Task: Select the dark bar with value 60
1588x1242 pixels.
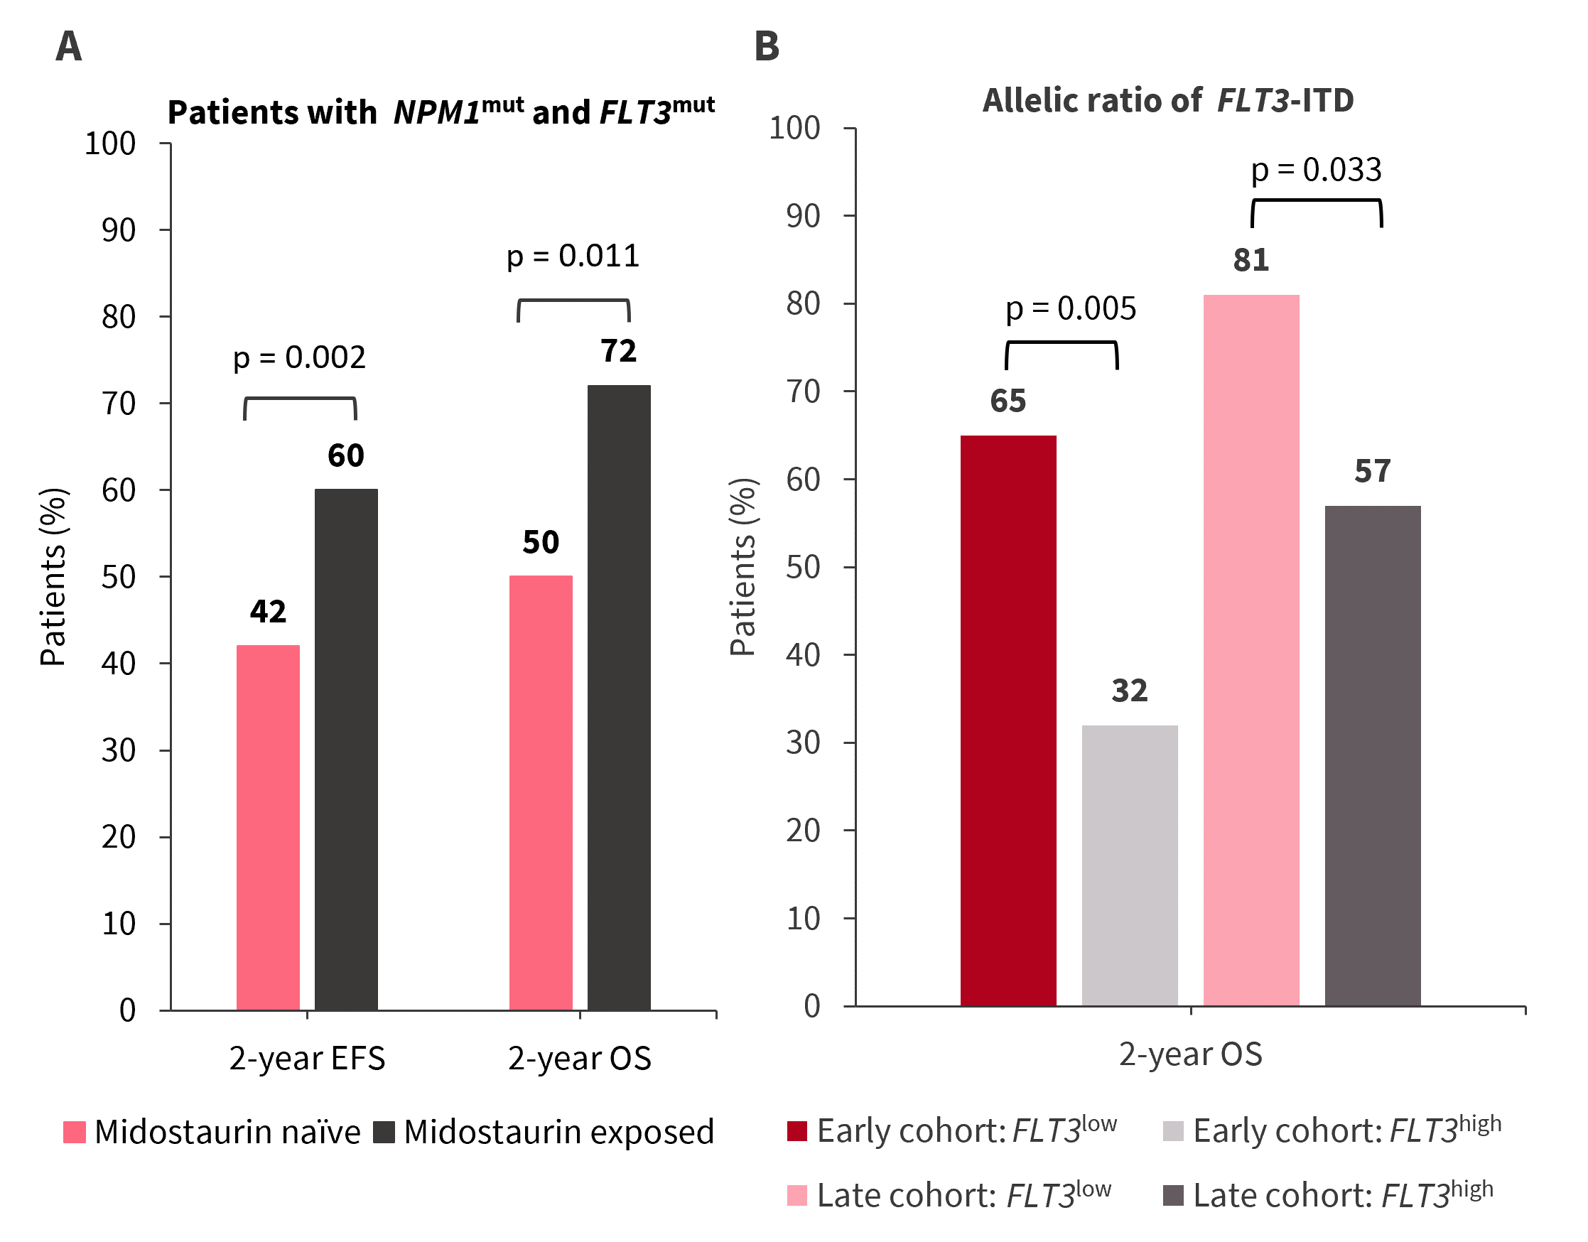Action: pyautogui.click(x=346, y=749)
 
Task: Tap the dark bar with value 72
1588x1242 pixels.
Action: pyautogui.click(x=619, y=697)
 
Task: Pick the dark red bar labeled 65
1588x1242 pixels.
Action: pyautogui.click(x=1008, y=720)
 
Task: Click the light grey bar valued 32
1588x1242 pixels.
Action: pyautogui.click(x=1129, y=865)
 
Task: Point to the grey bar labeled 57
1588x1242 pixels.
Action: pyautogui.click(x=1372, y=755)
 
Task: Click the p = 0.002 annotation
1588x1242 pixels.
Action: pyautogui.click(x=299, y=357)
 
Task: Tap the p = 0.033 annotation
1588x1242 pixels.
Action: pyautogui.click(x=1315, y=169)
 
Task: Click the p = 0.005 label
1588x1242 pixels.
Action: pyautogui.click(x=1069, y=308)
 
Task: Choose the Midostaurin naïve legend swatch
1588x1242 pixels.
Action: pyautogui.click(x=75, y=1132)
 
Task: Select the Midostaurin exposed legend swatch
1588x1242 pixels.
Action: pyautogui.click(x=384, y=1132)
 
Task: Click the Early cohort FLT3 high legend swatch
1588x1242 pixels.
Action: pyautogui.click(x=1173, y=1131)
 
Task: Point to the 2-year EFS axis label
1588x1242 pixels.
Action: pyautogui.click(x=307, y=1058)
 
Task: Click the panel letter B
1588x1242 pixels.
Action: pyautogui.click(x=767, y=46)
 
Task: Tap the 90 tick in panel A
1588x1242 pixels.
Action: pyautogui.click(x=119, y=230)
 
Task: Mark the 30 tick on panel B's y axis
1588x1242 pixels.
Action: pyautogui.click(x=803, y=742)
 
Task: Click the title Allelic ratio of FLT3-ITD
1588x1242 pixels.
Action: pyautogui.click(x=1168, y=100)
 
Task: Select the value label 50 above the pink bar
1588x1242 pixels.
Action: pyautogui.click(x=540, y=541)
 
